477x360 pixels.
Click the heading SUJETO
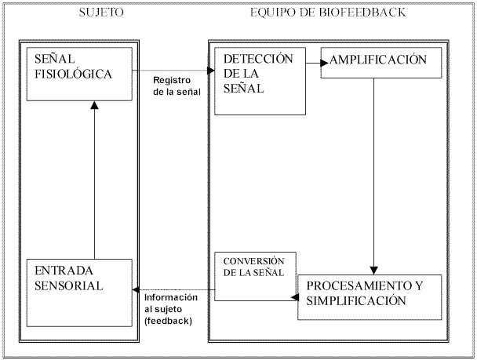pos(101,13)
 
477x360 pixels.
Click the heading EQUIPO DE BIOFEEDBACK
pos(328,13)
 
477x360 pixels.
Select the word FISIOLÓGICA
pos(73,74)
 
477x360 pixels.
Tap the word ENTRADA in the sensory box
pos(64,271)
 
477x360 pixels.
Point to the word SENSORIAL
pos(69,285)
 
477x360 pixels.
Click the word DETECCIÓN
pos(258,59)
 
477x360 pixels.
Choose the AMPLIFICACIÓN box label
pos(378,60)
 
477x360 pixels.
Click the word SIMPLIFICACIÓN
pos(356,300)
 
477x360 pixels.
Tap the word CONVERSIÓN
pos(253,261)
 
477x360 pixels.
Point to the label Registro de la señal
pos(177,85)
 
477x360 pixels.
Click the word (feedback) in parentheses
pos(168,321)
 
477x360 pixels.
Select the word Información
pos(171,297)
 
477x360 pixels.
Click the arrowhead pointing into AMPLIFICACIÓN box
pos(324,63)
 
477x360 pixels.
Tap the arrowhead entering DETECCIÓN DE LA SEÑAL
pos(211,71)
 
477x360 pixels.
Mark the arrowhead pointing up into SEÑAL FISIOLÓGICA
pos(95,105)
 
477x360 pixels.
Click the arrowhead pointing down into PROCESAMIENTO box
pos(374,271)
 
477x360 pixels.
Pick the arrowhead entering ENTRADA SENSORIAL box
pos(136,289)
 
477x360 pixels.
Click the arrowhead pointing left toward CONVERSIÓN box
pos(294,297)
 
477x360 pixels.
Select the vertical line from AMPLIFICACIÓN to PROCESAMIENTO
pos(374,173)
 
